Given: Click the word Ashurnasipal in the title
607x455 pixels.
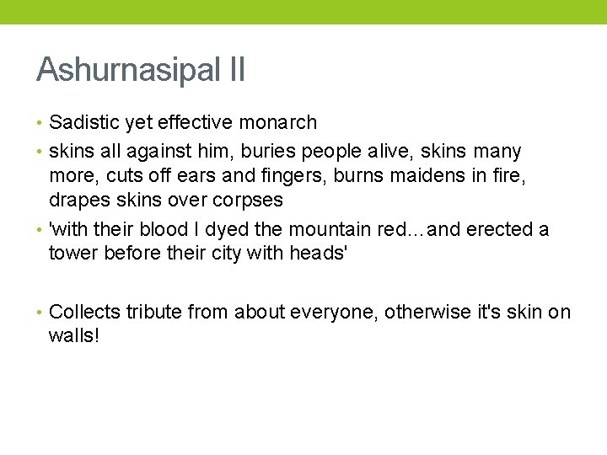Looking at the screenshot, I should pyautogui.click(x=128, y=70).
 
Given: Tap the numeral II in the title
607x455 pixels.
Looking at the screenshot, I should pyautogui.click(x=236, y=70).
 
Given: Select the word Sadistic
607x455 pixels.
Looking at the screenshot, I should pyautogui.click(x=84, y=123).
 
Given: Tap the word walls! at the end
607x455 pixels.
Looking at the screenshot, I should pyautogui.click(x=74, y=337).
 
